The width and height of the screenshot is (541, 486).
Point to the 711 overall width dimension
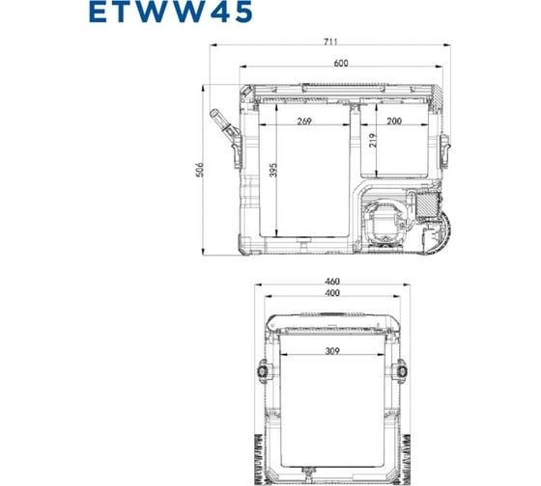coord(343,42)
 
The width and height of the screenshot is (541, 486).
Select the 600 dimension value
coord(342,64)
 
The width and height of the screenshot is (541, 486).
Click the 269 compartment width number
coord(305,122)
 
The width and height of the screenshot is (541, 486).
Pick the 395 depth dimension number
coord(274,172)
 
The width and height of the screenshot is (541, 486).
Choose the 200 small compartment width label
coord(395,122)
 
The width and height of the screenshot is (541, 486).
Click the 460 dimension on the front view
coord(332,281)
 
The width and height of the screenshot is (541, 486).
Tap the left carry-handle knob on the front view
coord(262,372)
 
